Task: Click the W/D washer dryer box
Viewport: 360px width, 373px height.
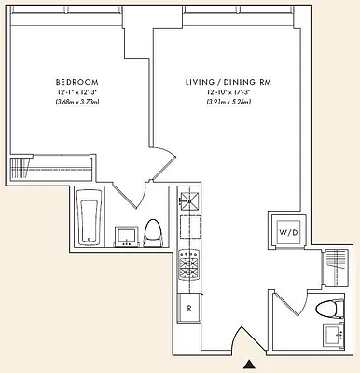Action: point(286,231)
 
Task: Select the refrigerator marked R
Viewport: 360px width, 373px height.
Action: point(189,307)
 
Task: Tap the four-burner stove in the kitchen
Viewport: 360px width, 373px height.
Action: point(189,265)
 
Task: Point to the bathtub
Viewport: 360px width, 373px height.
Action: point(89,216)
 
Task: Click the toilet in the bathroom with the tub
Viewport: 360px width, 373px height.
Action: point(153,232)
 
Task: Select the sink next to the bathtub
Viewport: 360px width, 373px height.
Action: point(124,236)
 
